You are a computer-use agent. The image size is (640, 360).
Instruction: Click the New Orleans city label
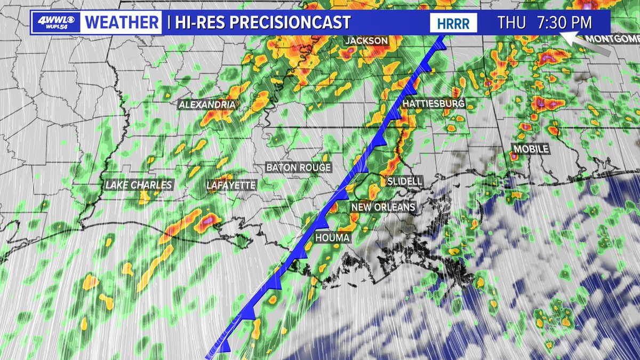click(x=383, y=207)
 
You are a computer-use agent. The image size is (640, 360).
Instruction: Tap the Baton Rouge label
click(x=299, y=167)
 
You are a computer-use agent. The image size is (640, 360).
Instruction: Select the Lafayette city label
click(x=231, y=185)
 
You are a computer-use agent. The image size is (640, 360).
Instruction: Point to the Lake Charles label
click(x=139, y=185)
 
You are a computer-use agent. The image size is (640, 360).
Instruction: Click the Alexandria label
click(x=207, y=105)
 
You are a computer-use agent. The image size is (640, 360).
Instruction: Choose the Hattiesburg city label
click(x=434, y=103)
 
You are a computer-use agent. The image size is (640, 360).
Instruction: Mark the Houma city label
click(x=332, y=237)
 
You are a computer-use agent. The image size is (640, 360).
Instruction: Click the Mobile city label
click(x=531, y=149)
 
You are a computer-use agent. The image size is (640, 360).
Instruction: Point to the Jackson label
click(x=366, y=41)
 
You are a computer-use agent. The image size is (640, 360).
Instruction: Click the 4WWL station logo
click(x=56, y=22)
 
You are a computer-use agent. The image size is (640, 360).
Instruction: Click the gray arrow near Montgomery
click(x=585, y=43)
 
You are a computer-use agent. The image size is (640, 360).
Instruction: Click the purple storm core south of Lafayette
click(x=208, y=219)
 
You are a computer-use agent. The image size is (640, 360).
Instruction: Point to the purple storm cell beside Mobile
click(x=514, y=157)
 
